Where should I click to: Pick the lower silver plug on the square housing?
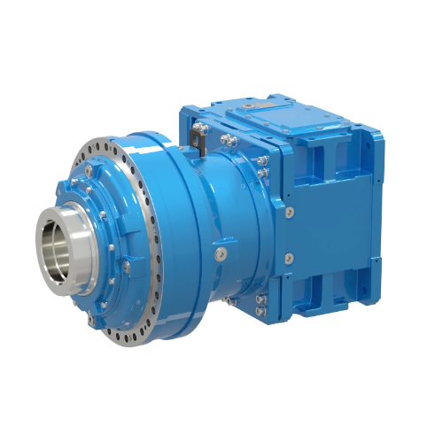point(290,258)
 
